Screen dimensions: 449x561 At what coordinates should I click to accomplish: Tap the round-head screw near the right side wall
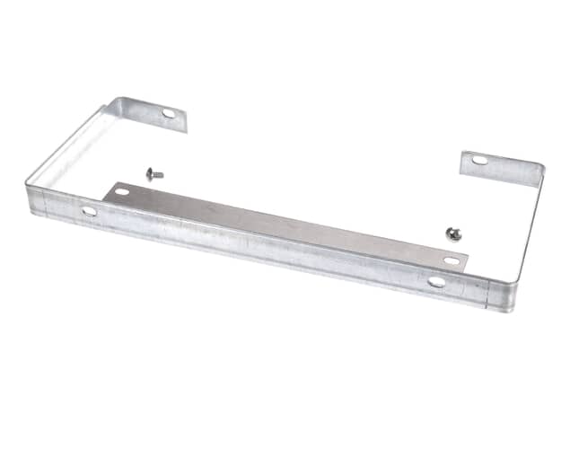coord(453,233)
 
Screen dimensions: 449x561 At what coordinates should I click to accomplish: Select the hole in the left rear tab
coord(169,113)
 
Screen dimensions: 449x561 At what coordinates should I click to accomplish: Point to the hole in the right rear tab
coord(480,161)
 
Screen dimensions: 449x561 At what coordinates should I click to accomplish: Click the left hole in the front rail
coord(89,211)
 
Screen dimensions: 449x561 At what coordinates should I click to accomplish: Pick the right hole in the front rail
coord(437,281)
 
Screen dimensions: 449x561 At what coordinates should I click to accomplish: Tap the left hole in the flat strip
coord(121,191)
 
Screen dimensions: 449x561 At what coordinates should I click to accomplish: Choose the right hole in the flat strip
coord(451,260)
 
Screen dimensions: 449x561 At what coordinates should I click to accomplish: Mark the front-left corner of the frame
coord(32,198)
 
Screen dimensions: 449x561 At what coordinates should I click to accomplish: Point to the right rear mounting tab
coord(498,168)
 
